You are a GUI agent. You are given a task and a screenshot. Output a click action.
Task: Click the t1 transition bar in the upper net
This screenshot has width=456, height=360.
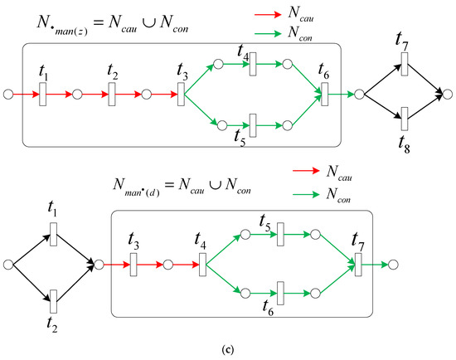pos(43,95)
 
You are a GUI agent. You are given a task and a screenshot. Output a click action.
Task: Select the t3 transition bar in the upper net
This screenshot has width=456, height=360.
pos(181,95)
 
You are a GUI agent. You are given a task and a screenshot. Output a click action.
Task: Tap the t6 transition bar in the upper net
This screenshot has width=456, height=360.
pos(325,95)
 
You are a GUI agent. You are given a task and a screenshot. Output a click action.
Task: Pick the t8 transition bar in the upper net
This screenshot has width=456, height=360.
pos(405,119)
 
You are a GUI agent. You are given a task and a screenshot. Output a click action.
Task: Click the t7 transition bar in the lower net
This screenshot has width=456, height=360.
pos(358,265)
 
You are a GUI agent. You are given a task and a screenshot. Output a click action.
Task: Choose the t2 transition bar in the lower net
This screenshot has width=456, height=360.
pos(53,301)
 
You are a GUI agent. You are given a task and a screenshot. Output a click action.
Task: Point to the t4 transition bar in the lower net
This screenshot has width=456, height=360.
pos(202,265)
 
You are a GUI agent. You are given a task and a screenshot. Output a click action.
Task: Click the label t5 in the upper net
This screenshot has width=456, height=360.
pos(240,138)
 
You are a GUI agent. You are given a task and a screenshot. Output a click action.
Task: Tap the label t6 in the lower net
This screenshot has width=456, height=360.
pos(268,308)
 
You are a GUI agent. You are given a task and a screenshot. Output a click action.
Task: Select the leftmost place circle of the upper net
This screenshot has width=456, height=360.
pos(8,95)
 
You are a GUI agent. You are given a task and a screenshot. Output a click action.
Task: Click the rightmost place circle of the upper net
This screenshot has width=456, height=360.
pos(448,95)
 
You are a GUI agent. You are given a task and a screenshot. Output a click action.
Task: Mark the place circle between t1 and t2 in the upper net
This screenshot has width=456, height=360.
pos(77,95)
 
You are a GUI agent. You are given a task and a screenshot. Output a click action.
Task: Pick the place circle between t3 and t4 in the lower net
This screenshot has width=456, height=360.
pos(168,265)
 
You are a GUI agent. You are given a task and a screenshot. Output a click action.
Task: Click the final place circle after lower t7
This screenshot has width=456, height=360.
pos(393,265)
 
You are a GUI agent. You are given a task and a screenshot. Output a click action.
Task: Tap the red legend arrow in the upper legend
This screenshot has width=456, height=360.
pos(268,14)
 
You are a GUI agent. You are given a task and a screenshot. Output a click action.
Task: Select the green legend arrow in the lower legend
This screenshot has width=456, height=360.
pos(306,194)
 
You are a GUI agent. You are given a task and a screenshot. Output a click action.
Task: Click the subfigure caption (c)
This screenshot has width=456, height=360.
pos(227,349)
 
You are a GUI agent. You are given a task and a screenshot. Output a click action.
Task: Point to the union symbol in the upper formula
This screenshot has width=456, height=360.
pos(149,23)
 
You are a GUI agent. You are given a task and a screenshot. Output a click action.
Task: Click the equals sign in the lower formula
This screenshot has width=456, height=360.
pos(169,185)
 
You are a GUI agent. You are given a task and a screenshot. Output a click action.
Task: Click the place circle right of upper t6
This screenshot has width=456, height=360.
pos(360,95)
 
